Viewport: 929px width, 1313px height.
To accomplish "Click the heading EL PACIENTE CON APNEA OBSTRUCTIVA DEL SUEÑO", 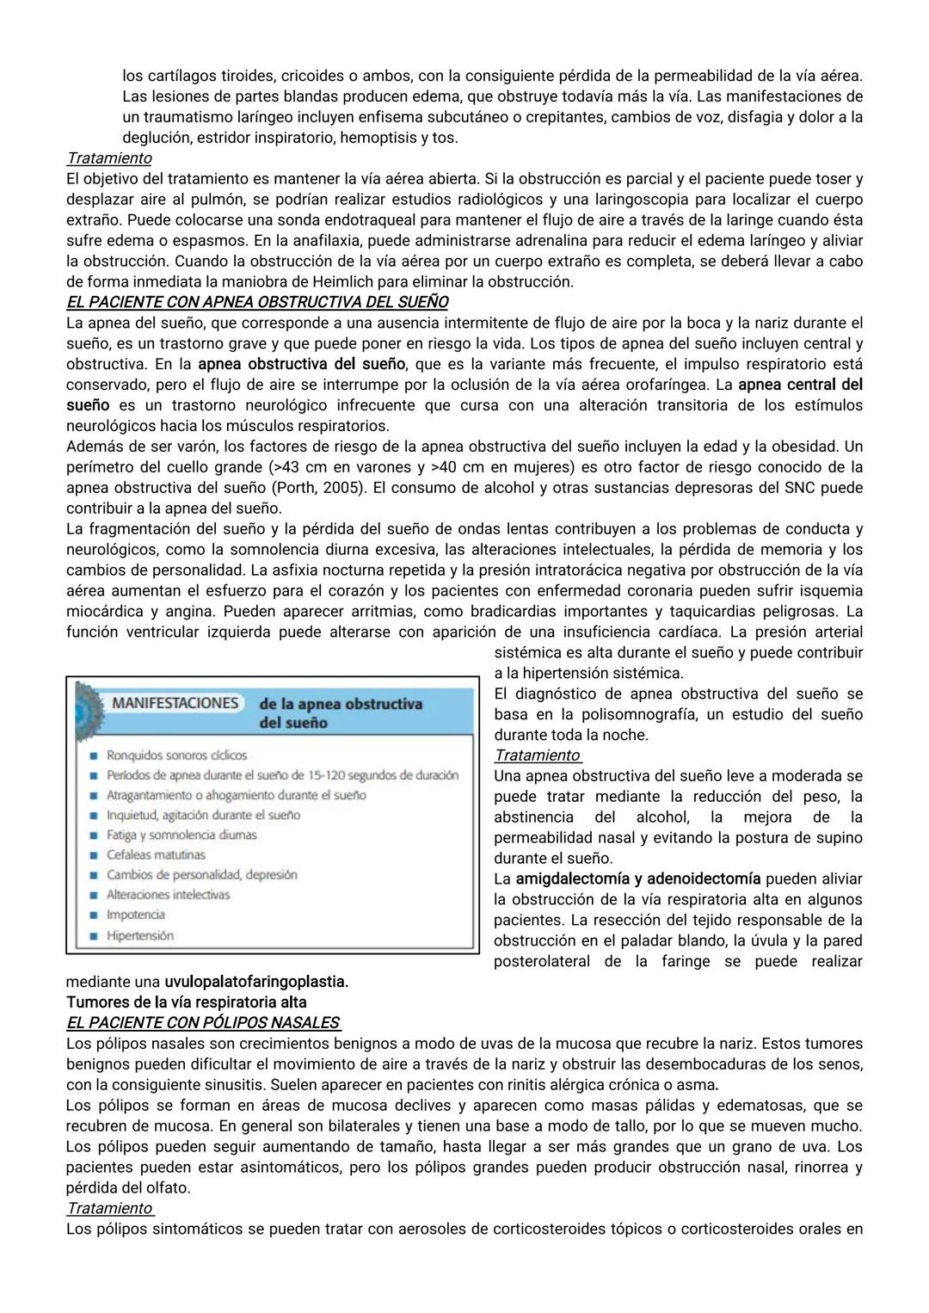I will (x=257, y=302).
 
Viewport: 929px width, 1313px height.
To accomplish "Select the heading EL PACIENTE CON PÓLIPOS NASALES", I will (x=203, y=1023).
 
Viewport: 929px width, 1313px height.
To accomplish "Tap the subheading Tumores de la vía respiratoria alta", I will (x=186, y=1002).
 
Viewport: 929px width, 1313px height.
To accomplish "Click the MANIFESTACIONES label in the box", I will (x=175, y=703).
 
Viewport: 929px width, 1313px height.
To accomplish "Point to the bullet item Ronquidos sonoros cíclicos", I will (x=176, y=755).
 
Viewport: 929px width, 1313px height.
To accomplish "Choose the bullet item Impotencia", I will (x=135, y=915).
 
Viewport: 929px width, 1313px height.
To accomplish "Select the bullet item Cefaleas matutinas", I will (x=156, y=854).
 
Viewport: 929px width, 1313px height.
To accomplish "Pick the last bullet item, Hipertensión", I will (x=139, y=935).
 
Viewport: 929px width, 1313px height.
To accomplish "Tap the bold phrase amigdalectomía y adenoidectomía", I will (x=637, y=878).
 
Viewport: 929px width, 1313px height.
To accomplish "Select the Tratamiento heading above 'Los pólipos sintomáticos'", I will (x=109, y=1208).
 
